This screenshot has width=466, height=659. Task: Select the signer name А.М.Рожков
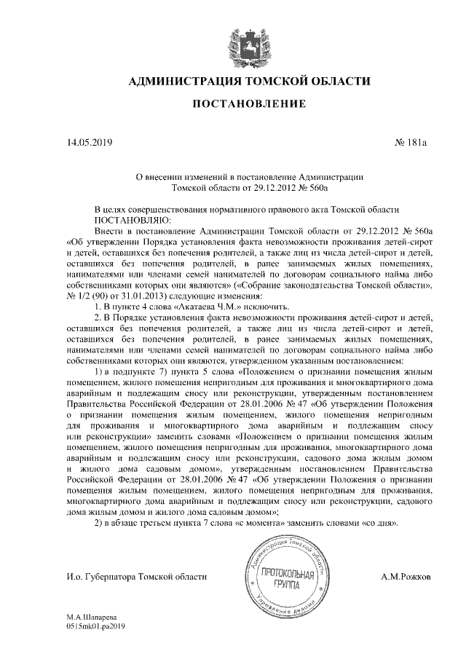406,577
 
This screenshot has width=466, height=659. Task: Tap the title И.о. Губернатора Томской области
137,577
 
